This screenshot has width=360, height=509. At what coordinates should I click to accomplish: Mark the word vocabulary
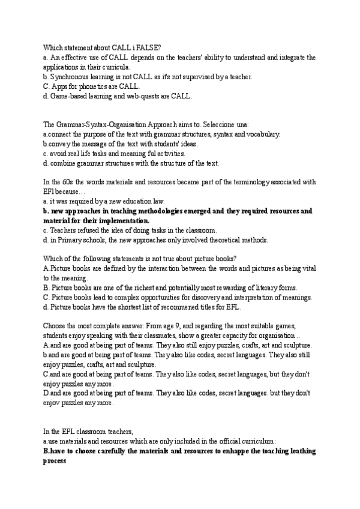pyautogui.click(x=260, y=134)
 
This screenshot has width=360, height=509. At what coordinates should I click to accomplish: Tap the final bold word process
pyautogui.click(x=55, y=461)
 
